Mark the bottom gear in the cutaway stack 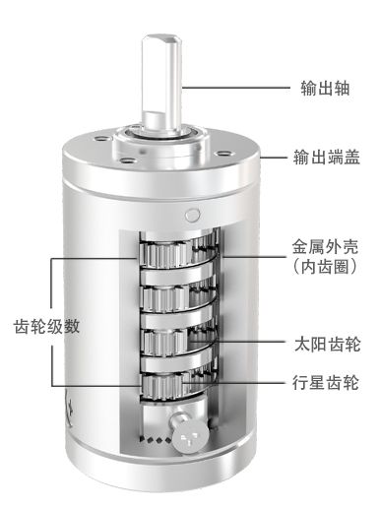click(x=162, y=386)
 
